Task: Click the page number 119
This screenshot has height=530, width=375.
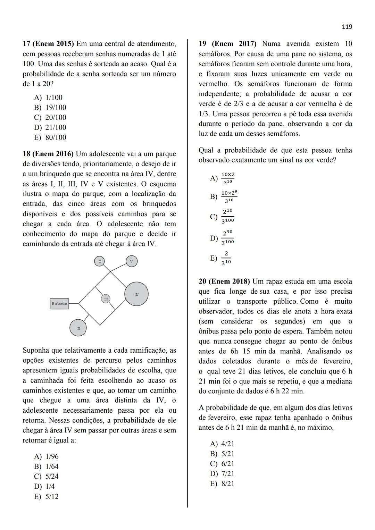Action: pos(347,27)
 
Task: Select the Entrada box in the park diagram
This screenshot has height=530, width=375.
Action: pos(59,304)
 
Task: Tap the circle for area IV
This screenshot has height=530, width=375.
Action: pos(136,294)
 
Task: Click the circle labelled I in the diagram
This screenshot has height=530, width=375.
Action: pos(100,261)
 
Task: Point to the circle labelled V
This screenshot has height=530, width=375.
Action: pos(131,261)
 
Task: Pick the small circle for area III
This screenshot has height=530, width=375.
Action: pos(106,298)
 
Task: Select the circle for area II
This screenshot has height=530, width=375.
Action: pos(78,328)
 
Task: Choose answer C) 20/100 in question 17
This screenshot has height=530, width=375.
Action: pos(50,117)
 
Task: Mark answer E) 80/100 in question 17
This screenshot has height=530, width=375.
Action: pos(50,137)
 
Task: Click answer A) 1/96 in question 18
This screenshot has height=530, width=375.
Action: pos(47,456)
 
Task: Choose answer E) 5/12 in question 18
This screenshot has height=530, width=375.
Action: pos(47,496)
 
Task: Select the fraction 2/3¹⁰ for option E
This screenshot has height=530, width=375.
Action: pos(226,258)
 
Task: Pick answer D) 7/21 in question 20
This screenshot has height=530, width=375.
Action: pos(222,473)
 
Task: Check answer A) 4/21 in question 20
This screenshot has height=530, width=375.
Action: pos(222,444)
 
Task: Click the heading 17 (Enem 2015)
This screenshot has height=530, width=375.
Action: pos(48,44)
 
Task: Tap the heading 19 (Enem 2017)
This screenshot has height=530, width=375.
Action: pos(227,44)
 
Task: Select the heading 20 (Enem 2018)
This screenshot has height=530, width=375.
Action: pos(225,281)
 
